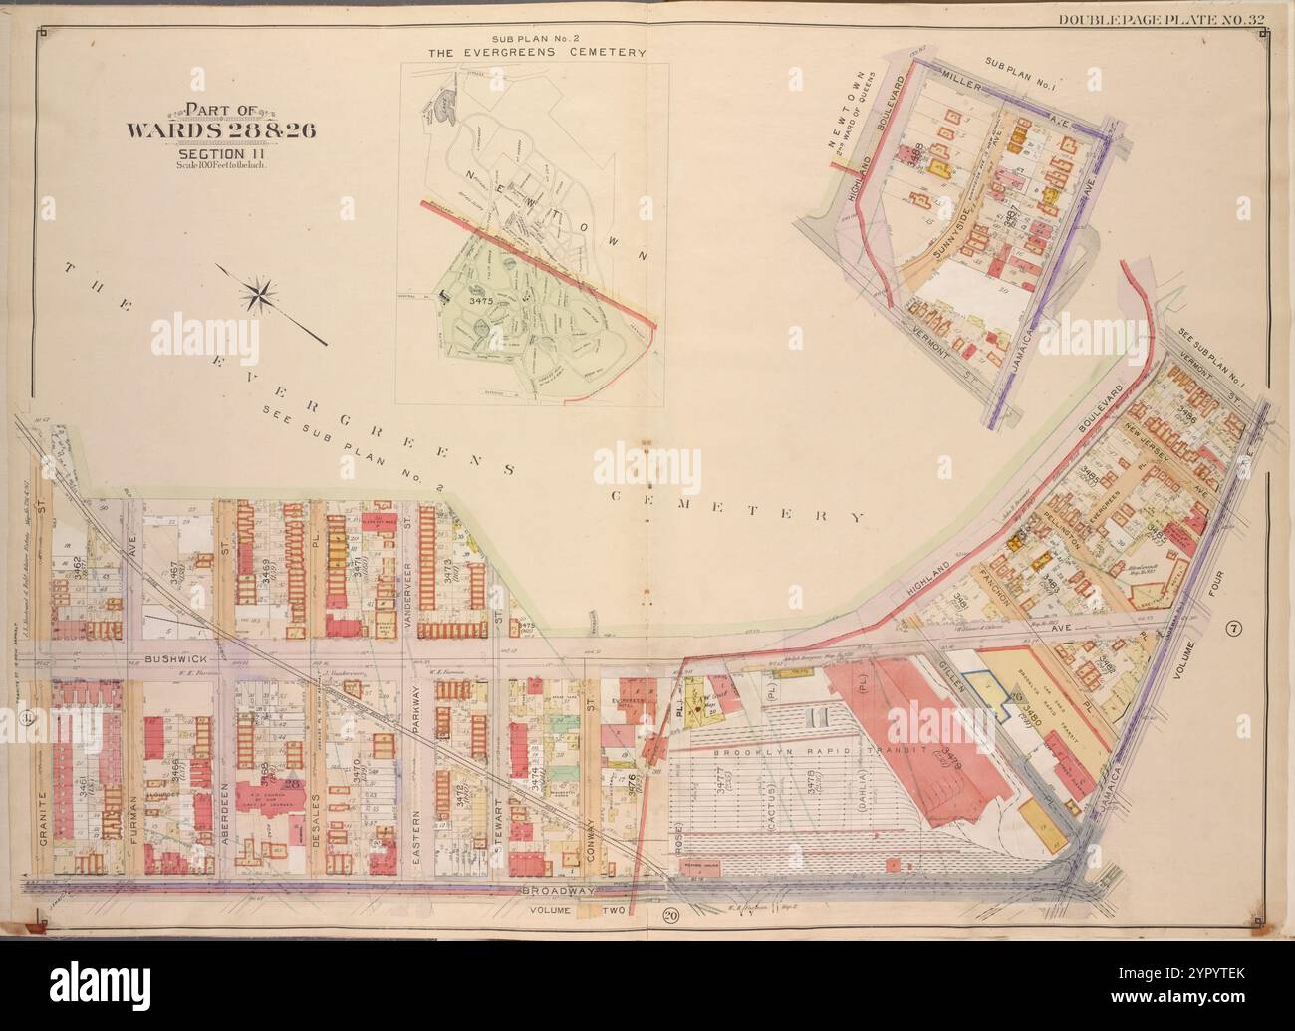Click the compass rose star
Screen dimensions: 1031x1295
coord(260,295)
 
